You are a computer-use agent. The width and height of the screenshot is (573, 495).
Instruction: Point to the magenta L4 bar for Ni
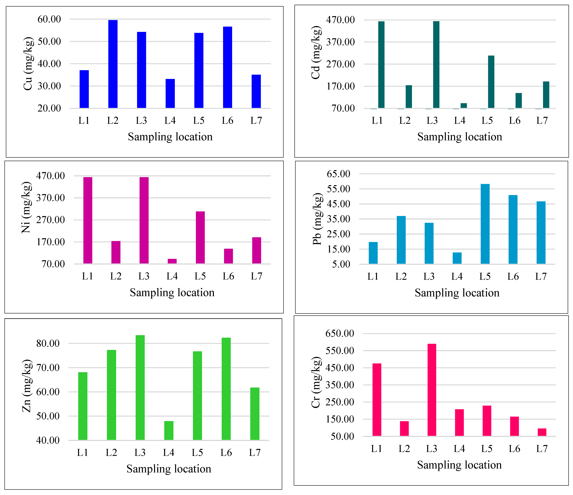172,261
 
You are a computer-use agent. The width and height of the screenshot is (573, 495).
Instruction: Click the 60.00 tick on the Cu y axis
49,19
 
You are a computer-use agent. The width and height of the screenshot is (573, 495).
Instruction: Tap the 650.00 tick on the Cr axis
340,333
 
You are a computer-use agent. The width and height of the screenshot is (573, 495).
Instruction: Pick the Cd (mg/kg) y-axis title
316,52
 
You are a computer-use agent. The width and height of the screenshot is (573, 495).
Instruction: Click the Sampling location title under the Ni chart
172,293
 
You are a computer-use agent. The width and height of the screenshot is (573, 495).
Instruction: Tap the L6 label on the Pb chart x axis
513,277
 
